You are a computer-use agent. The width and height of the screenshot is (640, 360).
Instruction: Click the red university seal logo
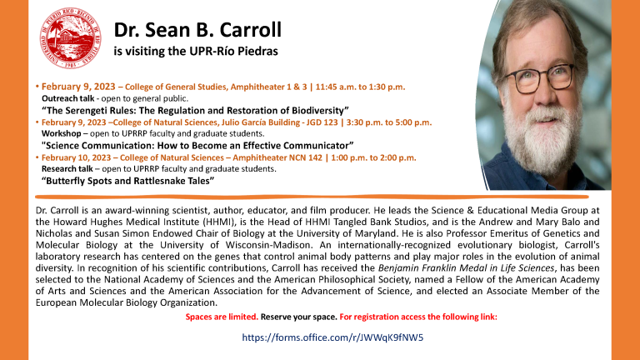pos(71,37)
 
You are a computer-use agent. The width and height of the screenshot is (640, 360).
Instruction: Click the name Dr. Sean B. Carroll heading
pos(197,30)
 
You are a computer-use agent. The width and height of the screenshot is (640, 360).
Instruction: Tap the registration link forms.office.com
pos(332,337)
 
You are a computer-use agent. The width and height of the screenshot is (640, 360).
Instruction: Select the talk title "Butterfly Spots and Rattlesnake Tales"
pos(127,181)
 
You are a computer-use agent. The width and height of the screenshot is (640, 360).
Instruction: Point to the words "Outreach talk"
pos(67,98)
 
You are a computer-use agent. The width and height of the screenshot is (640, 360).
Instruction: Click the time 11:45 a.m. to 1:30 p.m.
pos(360,87)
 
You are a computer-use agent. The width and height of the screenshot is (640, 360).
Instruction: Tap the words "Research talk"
pos(67,169)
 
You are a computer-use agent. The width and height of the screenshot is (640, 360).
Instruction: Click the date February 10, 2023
pos(78,158)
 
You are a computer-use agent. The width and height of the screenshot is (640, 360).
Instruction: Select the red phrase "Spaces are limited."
pos(222,317)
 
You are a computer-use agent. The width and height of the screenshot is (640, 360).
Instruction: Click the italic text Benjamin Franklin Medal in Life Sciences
pos(466,268)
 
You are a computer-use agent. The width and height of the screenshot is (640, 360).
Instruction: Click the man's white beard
pos(538,135)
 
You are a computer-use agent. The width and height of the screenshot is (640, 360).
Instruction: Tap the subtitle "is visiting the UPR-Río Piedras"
pos(196,52)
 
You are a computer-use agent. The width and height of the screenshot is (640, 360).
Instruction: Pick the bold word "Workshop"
pos(61,134)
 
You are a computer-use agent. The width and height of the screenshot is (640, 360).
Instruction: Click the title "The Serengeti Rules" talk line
pos(195,111)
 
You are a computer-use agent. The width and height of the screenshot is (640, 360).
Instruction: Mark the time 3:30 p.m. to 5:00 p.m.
pos(389,122)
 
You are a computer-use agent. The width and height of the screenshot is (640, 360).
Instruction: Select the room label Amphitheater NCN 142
pos(277,158)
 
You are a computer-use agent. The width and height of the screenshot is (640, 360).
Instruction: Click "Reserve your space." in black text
pos(299,317)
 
